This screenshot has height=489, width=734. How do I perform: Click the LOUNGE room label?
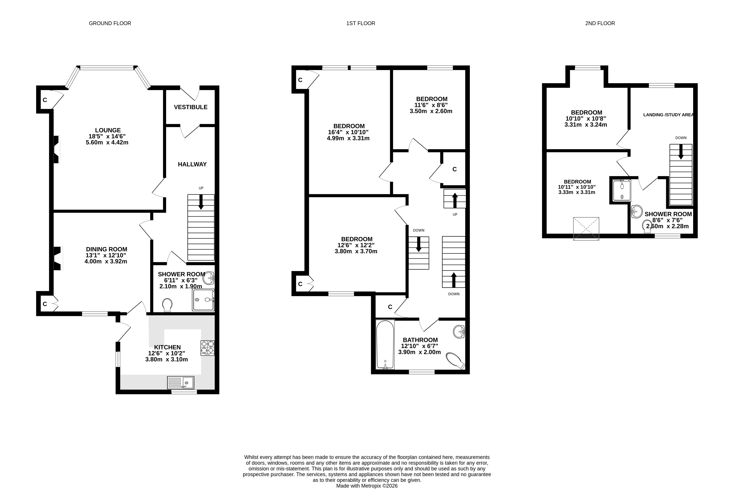click(x=108, y=130)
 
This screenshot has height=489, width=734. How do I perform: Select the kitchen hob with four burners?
click(x=207, y=348)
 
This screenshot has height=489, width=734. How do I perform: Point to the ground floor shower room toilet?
click(x=167, y=305)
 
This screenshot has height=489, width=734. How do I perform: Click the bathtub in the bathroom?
click(x=385, y=345)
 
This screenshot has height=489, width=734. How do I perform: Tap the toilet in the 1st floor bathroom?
click(x=456, y=361)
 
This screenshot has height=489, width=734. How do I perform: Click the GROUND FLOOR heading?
click(x=110, y=23)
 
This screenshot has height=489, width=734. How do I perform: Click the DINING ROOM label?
click(x=107, y=249)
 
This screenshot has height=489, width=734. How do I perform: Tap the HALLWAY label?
click(x=192, y=164)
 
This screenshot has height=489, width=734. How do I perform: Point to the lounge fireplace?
click(x=57, y=149)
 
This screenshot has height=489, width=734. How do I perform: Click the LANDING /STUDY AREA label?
click(x=668, y=115)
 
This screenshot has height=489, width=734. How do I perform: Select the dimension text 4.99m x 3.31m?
click(x=348, y=138)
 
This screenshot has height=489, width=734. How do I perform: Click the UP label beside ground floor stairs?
click(x=201, y=188)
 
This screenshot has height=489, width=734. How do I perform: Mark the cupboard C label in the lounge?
click(x=45, y=100)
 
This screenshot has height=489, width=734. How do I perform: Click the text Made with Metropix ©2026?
click(x=367, y=486)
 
